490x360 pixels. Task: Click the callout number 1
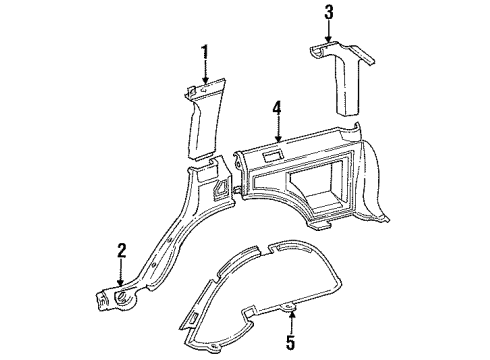[204, 53]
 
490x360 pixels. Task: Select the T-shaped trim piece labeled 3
[346, 80]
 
